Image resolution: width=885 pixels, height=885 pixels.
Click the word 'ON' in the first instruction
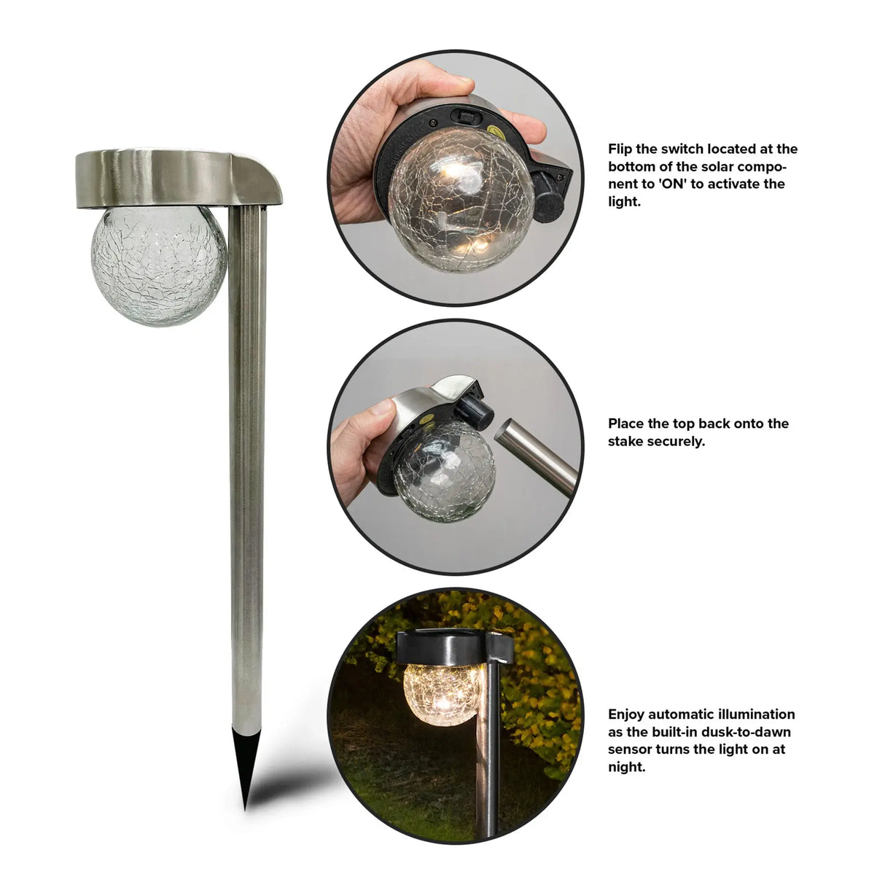(674, 184)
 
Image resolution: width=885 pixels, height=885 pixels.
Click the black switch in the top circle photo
(463, 114)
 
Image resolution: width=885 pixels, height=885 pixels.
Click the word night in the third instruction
(625, 767)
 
